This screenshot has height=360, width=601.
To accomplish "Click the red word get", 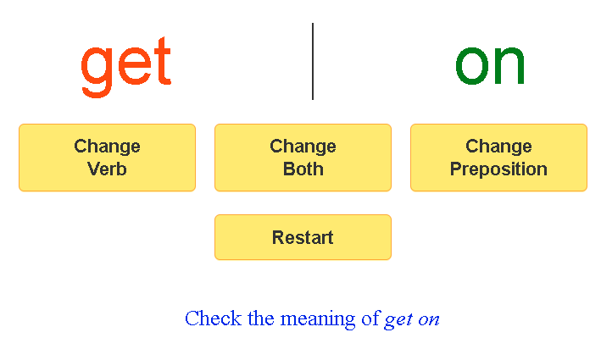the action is (126, 67).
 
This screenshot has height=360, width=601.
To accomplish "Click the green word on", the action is (490, 65).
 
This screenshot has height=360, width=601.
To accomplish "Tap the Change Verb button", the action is (108, 158).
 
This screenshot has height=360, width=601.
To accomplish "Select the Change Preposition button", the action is (498, 158).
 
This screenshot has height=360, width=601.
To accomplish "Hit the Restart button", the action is (303, 237).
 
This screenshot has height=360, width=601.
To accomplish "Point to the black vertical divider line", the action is (313, 61).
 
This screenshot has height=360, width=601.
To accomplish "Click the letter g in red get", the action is (97, 72).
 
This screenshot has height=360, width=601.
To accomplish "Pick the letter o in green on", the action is (472, 65).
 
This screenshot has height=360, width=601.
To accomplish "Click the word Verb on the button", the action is (107, 169).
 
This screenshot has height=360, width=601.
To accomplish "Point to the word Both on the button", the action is (303, 169).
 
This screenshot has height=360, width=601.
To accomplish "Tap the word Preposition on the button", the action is (498, 169).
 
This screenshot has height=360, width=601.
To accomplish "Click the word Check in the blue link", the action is (213, 318).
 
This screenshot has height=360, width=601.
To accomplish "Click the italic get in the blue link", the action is (398, 320).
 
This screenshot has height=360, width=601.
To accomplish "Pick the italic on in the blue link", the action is (429, 320).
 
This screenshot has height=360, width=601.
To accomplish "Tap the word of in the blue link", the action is (370, 318).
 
